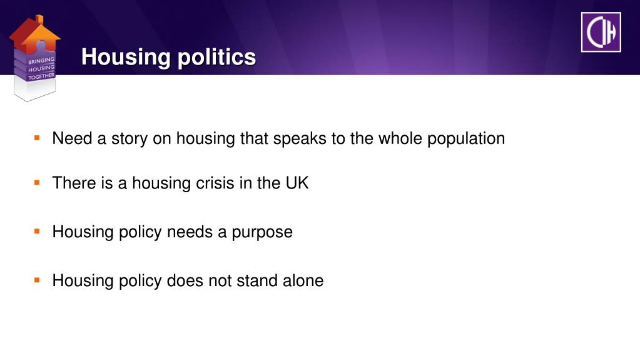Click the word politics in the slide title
pos(216,58)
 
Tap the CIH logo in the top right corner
pos(601,32)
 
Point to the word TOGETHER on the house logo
pos(41,76)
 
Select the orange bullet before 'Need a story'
pos(38,136)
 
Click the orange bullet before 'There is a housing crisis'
pos(38,182)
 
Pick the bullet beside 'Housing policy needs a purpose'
pos(38,231)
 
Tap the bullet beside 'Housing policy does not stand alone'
pos(38,279)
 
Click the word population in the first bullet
pos(466,138)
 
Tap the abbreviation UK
pos(297,183)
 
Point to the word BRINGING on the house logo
pos(41,61)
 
